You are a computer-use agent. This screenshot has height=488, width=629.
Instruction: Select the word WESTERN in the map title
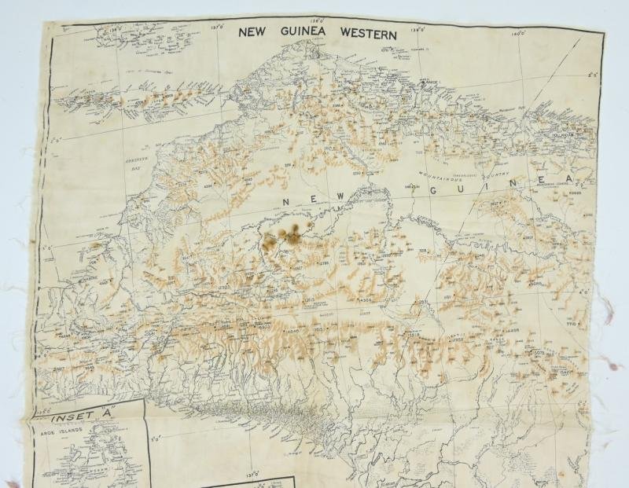click(370, 33)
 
